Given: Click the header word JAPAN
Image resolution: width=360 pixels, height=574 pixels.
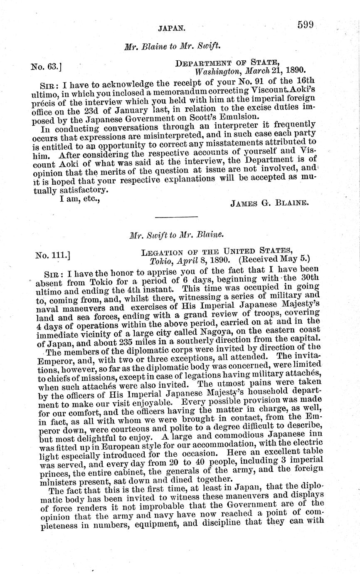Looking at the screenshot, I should pos(171,29).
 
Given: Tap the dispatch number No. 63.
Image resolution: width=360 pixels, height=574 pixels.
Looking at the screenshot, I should pos(46,65).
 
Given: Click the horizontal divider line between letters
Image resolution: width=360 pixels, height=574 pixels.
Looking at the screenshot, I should pos(176,217).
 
